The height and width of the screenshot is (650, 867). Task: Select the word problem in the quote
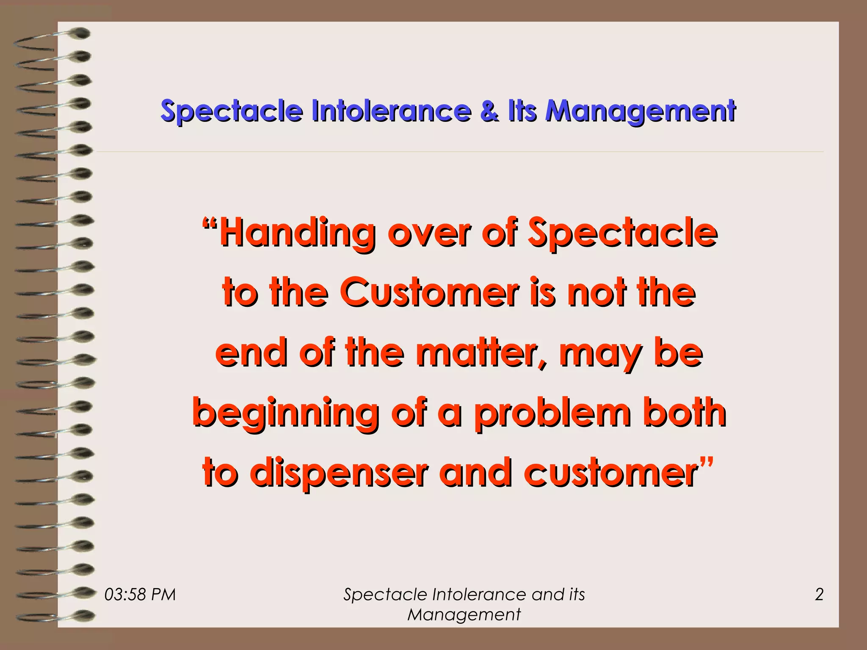pyautogui.click(x=552, y=413)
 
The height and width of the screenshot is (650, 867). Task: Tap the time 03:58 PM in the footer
pyautogui.click(x=140, y=595)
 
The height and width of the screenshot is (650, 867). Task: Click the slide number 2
pyautogui.click(x=819, y=595)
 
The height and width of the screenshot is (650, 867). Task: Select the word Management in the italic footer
pyautogui.click(x=464, y=614)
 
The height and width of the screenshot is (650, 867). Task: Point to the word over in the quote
pyautogui.click(x=429, y=234)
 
